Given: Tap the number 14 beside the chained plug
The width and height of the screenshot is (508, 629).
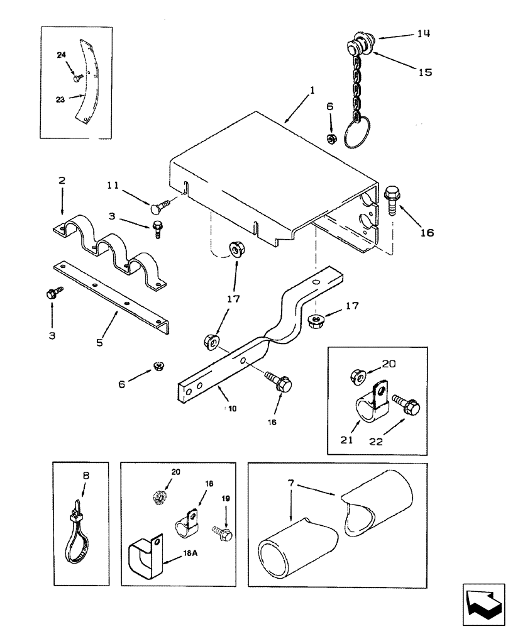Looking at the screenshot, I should tap(424, 35).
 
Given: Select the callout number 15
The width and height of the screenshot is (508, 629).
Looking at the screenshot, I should tap(425, 72).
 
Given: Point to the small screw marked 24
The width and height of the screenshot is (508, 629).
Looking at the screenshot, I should tap(77, 78).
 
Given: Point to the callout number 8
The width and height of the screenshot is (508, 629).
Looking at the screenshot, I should tap(86, 477).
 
